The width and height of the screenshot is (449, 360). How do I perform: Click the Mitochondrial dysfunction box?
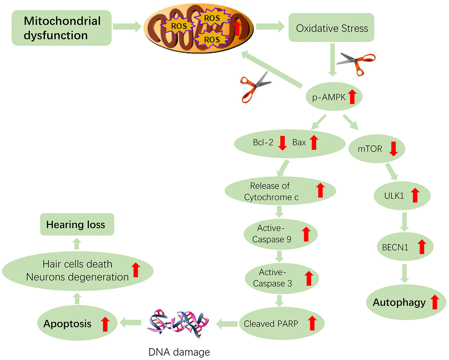click(62, 28)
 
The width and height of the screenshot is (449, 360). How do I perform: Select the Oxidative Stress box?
click(331, 29)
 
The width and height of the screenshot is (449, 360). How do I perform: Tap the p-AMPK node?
click(334, 96)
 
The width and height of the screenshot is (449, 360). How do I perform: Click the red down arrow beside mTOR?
click(393, 149)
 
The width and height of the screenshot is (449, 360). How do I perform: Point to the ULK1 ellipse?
click(402, 195)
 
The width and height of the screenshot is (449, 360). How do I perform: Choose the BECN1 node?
click(405, 247)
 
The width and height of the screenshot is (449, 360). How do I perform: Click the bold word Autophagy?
click(399, 303)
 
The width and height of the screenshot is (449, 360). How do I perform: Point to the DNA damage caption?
click(179, 352)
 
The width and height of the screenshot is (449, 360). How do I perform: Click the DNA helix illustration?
click(179, 324)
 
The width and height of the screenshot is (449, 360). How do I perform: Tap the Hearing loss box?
click(76, 225)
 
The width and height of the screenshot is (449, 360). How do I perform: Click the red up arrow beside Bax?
click(313, 142)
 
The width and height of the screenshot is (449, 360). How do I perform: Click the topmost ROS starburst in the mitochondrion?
click(212, 19)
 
